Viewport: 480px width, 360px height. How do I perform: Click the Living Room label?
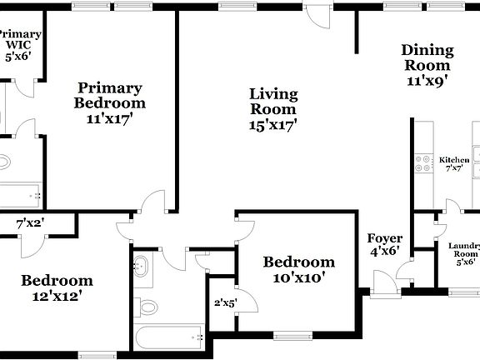(273, 101)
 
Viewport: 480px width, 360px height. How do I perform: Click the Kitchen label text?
(454, 160)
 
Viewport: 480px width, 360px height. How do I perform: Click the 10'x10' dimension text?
(298, 278)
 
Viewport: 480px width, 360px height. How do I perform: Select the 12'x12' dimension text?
(56, 295)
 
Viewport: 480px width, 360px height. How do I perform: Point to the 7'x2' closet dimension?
(31, 223)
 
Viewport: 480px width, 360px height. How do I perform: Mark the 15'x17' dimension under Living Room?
(273, 125)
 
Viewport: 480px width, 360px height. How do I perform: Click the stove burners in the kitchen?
(423, 165)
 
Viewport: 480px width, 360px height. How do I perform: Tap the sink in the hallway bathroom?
(141, 267)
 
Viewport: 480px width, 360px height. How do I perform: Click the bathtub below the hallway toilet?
(171, 338)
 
